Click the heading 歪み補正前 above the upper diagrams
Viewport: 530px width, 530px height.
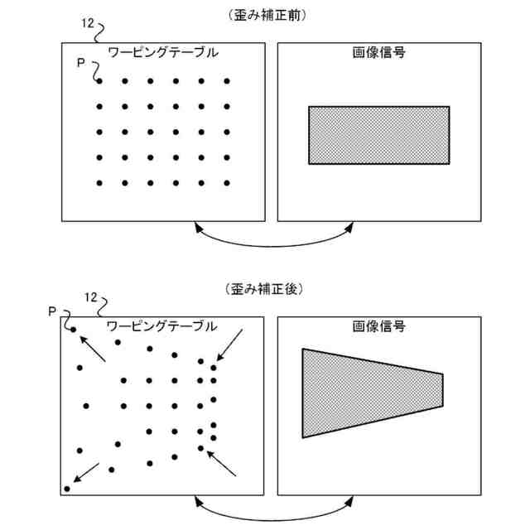coord(265,15)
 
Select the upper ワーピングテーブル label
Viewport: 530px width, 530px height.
coord(163,53)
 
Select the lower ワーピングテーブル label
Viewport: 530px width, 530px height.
coord(163,326)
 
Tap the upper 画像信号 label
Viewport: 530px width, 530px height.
coord(378,53)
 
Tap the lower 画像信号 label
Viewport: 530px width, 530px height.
coord(378,326)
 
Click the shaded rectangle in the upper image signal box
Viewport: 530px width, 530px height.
coord(378,134)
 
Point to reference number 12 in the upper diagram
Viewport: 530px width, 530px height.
coord(88,23)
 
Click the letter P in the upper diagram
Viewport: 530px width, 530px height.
coord(80,63)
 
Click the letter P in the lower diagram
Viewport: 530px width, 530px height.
coord(52,311)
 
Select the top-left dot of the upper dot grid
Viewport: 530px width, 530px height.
coord(99,81)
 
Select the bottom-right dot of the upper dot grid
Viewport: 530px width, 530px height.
coord(226,183)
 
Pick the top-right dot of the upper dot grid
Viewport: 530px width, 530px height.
coord(226,81)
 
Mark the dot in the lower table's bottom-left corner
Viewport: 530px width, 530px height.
coord(67,489)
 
